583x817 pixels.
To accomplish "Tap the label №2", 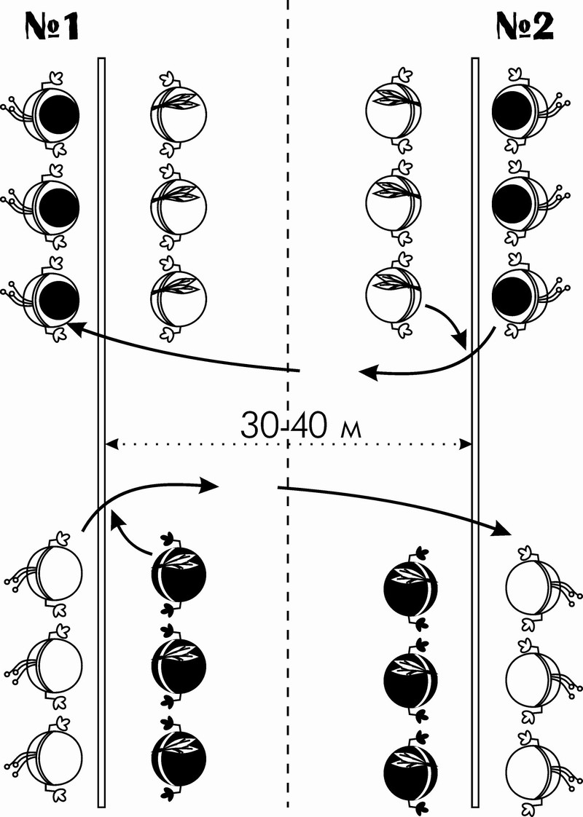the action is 525,26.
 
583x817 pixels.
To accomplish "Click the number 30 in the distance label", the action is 259,426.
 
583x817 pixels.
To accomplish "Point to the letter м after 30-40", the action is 351,430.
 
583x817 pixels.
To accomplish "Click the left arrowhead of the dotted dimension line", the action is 111,444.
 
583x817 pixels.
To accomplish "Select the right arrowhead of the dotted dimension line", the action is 466,444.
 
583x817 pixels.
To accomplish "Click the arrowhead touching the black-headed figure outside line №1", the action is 76,329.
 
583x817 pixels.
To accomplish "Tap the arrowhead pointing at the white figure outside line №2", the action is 501,529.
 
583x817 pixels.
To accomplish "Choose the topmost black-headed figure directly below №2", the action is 528,110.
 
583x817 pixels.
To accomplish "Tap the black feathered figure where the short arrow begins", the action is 179,575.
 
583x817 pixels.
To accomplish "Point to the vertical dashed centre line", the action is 287,408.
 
